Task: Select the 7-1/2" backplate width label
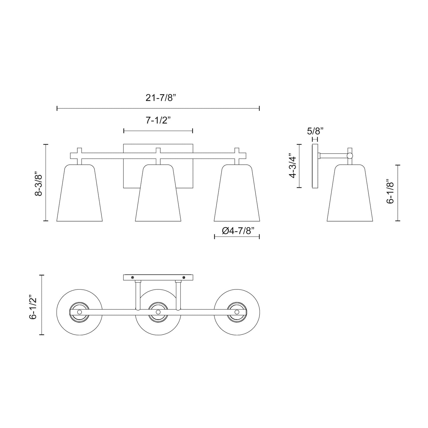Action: (158, 121)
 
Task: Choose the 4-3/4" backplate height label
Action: (293, 166)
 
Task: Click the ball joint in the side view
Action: (350, 156)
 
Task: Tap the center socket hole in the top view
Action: (158, 312)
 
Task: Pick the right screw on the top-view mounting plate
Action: (184, 277)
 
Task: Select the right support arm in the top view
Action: (178, 295)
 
